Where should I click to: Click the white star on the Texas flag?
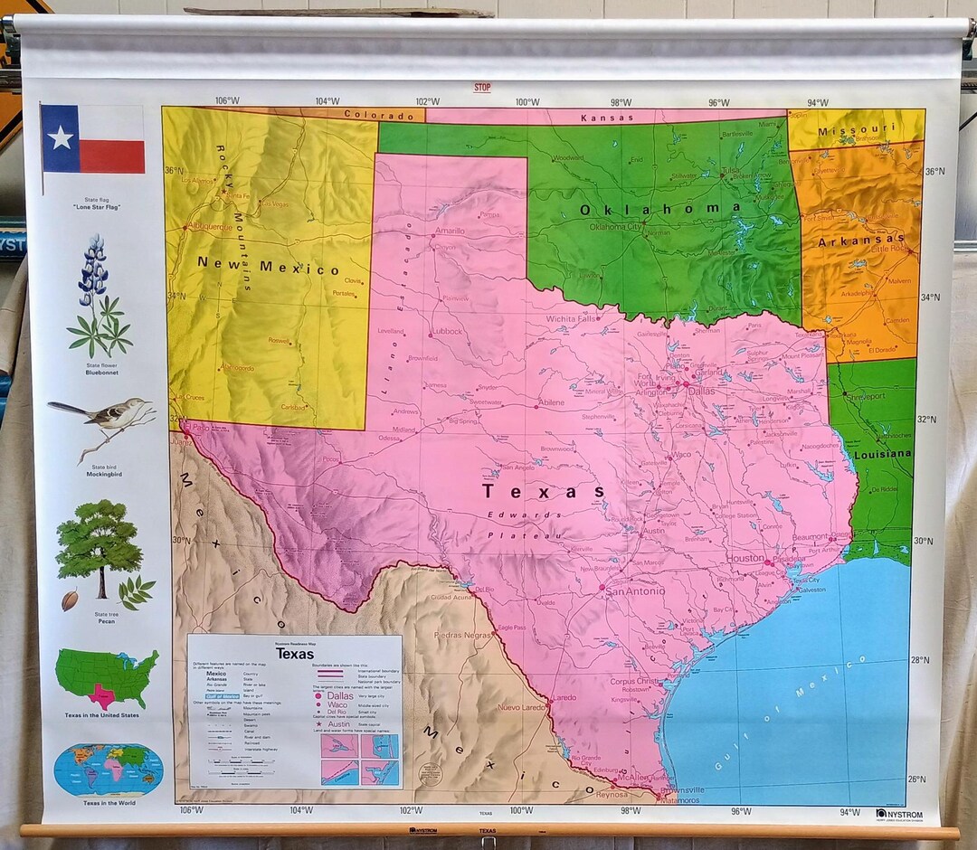point(61,137)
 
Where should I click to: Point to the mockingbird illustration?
point(104,420)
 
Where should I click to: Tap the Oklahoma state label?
point(660,209)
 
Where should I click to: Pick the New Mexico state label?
point(269,268)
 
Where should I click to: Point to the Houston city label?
point(746,559)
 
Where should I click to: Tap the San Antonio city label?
point(634,590)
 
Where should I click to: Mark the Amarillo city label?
point(450,231)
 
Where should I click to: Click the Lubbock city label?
point(447,332)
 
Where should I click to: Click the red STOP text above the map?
point(482,88)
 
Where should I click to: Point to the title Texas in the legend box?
point(295,654)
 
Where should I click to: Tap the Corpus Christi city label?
point(634,681)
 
